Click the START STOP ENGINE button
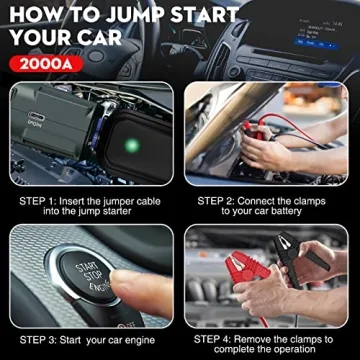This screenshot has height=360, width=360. click(x=84, y=276)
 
